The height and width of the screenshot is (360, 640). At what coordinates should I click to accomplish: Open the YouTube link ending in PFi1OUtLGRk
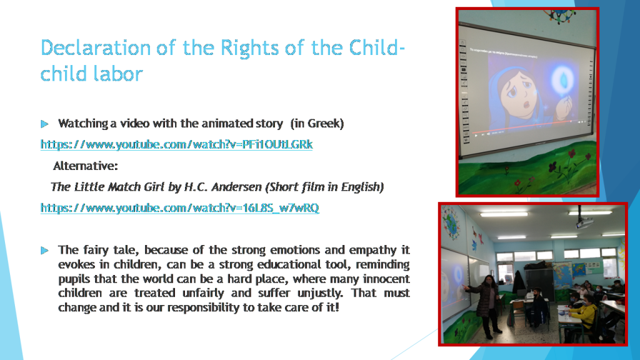pos(177,144)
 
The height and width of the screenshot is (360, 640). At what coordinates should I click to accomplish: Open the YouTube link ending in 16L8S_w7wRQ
pos(180,207)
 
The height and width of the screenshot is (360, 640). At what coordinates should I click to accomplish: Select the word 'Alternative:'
pos(86,166)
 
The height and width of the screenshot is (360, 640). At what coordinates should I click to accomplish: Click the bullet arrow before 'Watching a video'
pos(44,124)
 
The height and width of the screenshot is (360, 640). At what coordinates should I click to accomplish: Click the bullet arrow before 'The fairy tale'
pos(44,250)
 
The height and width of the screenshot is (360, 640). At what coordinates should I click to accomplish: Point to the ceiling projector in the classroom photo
pos(584,222)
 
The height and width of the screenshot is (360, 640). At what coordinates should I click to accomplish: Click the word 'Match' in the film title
pos(122,187)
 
